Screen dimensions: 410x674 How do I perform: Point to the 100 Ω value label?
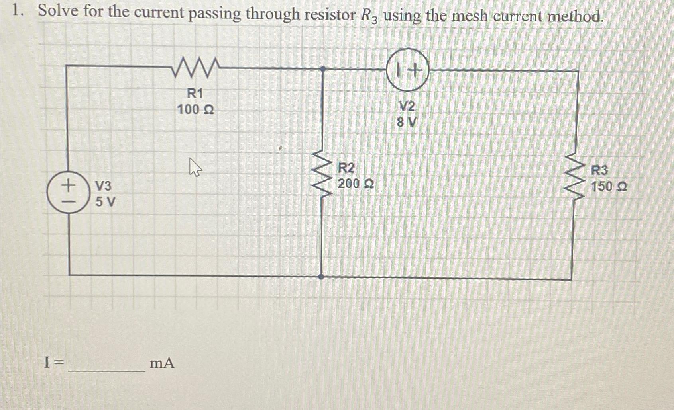click(195, 109)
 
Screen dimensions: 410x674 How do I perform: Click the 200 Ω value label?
click(356, 184)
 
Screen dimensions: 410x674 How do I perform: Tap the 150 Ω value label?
click(609, 186)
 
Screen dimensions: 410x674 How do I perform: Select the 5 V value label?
click(105, 202)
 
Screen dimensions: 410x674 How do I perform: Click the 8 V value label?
click(407, 122)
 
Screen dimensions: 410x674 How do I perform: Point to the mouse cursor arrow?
click(195, 166)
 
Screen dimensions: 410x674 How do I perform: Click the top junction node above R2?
click(323, 69)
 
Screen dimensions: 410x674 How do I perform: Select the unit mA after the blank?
click(162, 363)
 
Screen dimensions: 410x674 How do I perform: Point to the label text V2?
click(407, 106)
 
